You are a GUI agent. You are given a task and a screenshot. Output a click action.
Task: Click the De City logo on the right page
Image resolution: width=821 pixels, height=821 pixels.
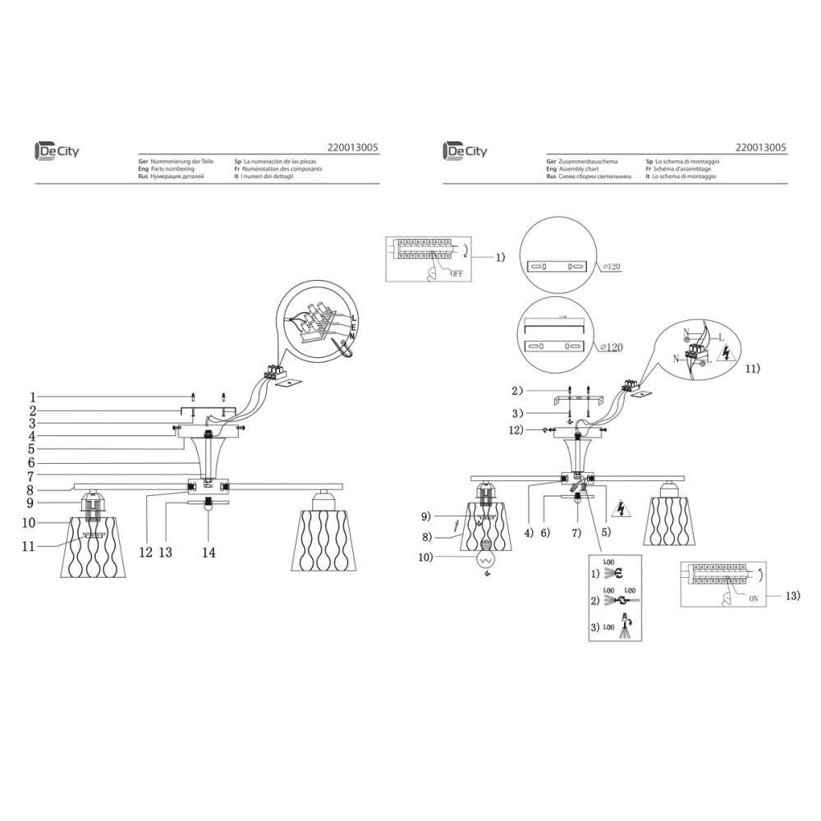465,151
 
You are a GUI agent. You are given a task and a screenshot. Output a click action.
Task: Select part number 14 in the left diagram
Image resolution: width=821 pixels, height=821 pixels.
209,553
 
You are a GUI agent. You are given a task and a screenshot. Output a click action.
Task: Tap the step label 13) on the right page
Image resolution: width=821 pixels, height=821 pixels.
791,596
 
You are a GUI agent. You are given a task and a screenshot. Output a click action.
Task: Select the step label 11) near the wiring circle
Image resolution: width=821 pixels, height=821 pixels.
753,369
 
